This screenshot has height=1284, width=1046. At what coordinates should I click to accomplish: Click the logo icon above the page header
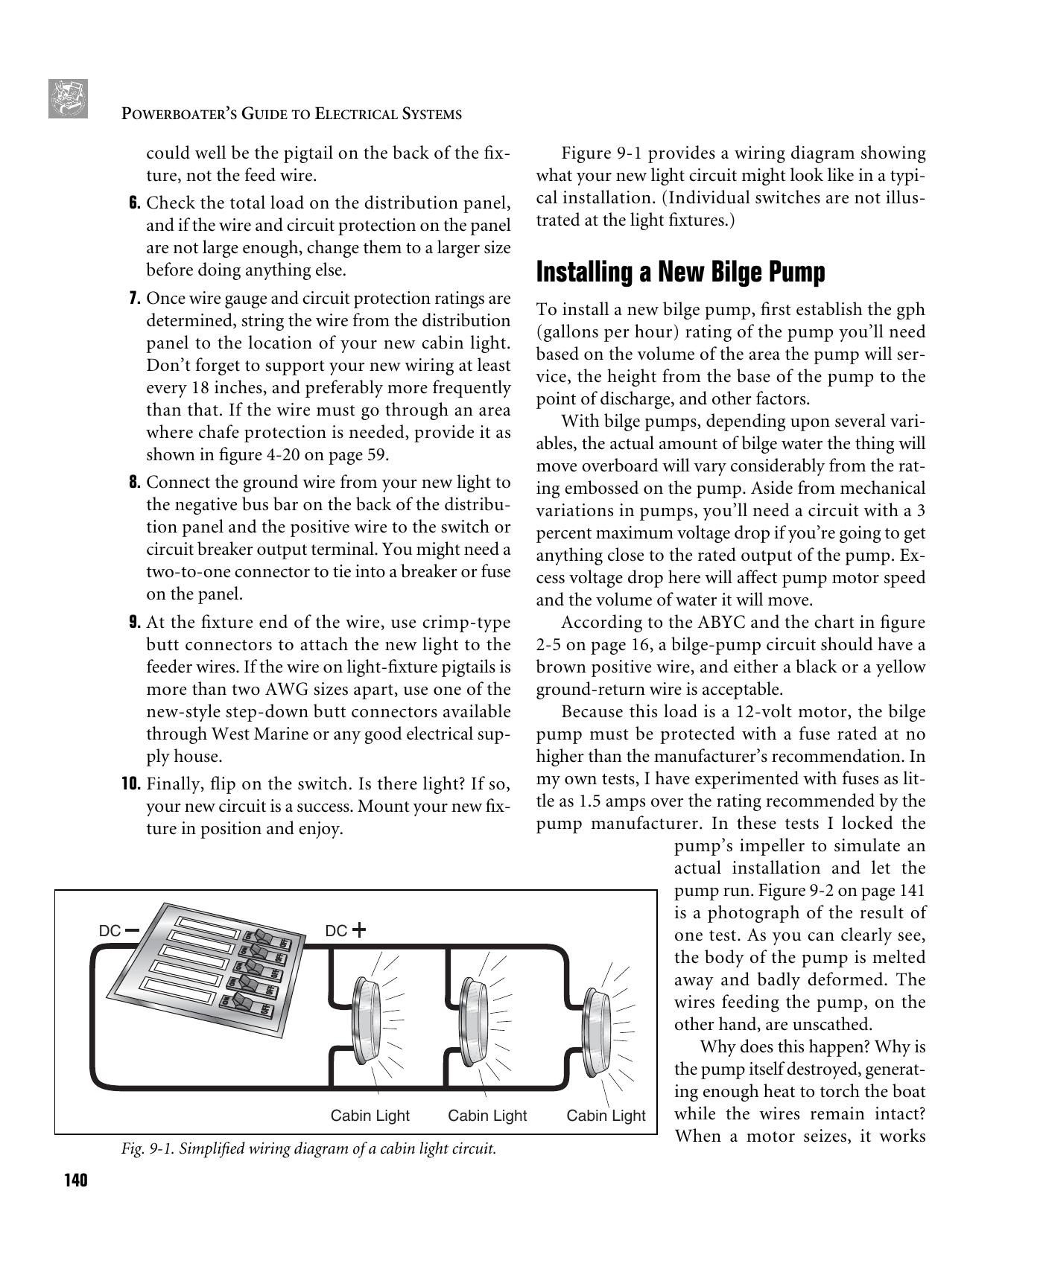point(68,98)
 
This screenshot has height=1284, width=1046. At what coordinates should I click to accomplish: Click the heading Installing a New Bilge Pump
point(680,273)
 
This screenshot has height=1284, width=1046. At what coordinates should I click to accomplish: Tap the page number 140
point(75,1181)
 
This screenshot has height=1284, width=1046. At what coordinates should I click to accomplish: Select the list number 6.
point(134,203)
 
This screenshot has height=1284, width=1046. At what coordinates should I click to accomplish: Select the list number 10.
point(130,784)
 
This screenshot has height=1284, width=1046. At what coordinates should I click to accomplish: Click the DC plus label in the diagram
point(346,931)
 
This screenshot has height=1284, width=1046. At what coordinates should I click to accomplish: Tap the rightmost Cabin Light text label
point(606,1116)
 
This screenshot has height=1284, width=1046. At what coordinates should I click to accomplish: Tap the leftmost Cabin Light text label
point(370,1116)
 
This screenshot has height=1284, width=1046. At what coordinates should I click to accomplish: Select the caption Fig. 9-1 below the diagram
point(308,1148)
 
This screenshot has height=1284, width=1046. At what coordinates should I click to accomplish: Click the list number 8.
point(134,483)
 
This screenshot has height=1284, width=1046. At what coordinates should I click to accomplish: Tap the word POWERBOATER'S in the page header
point(171,114)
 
